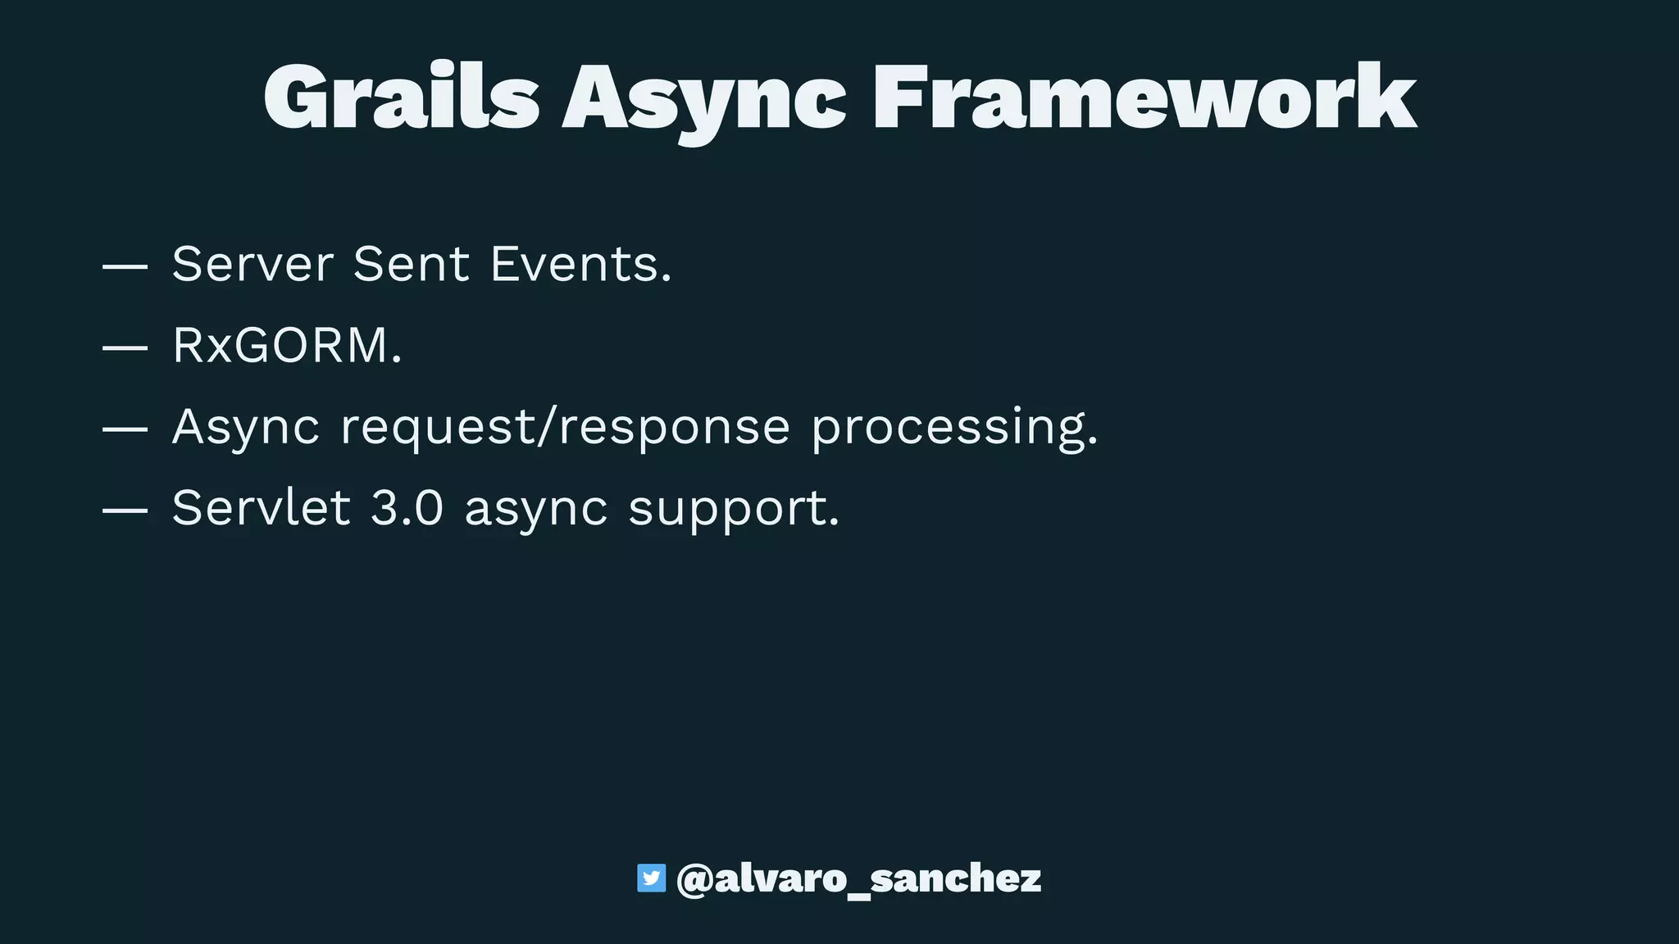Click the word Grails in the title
tap(401, 98)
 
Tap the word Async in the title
tap(704, 101)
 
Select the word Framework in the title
tap(1144, 98)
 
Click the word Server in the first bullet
tap(253, 264)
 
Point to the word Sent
tap(412, 264)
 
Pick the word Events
tap(581, 264)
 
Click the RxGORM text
tap(287, 345)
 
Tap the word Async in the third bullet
tap(246, 428)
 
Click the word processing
tap(954, 428)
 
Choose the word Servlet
tap(262, 508)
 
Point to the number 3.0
tap(407, 508)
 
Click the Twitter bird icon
tap(652, 878)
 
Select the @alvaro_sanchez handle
tap(859, 879)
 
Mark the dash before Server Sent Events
tap(125, 266)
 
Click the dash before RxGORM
tap(125, 347)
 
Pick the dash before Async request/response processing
tap(125, 429)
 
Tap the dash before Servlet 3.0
tap(125, 510)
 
